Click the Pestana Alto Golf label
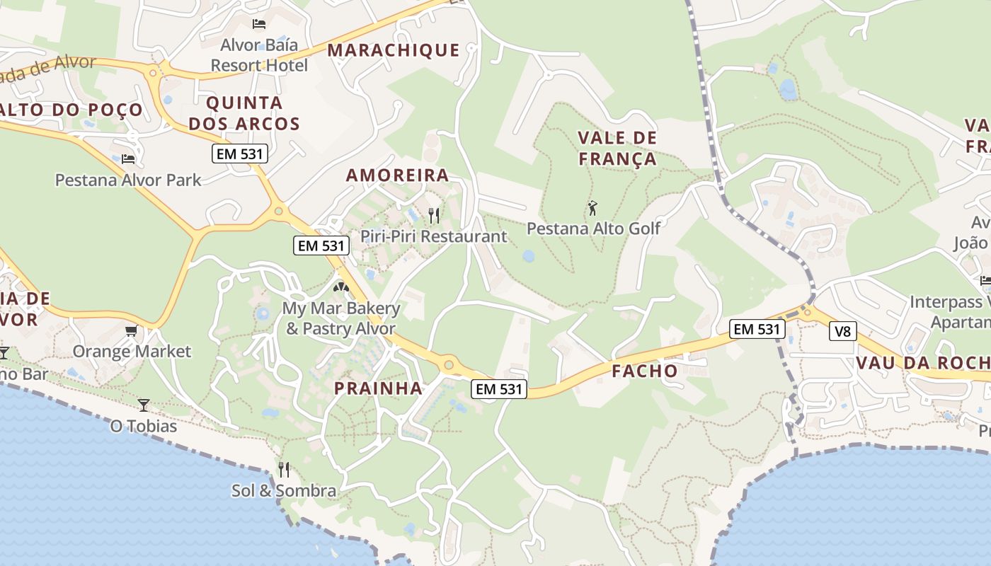tap(593, 228)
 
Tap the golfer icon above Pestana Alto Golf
tap(593, 208)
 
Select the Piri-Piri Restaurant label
tap(434, 236)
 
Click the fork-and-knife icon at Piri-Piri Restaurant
tap(434, 215)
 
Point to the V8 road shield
tap(842, 330)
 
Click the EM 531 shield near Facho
tap(757, 328)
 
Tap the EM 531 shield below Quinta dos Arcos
tap(239, 153)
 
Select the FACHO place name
tap(644, 371)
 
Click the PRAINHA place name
tap(378, 388)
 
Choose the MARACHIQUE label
tap(394, 50)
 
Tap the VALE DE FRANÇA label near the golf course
tap(617, 148)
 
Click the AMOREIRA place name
tap(397, 175)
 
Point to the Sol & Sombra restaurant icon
tap(284, 469)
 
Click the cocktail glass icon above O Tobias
tap(144, 405)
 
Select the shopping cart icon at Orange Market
tap(131, 330)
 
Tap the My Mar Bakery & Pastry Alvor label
tap(340, 318)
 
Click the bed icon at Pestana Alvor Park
tap(128, 158)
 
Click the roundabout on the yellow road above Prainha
tap(448, 365)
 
